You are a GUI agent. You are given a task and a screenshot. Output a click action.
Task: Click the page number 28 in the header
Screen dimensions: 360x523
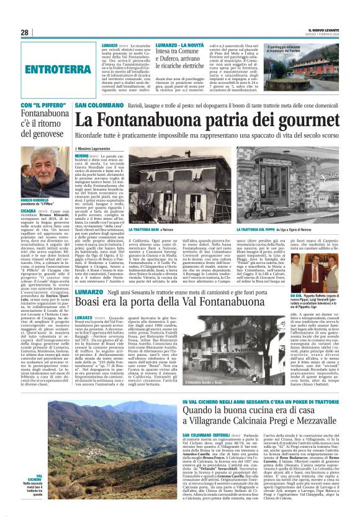24,32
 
